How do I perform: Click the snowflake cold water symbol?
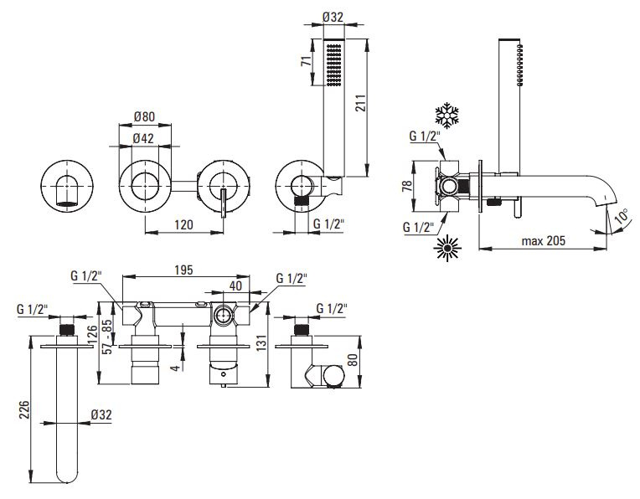pos(447,116)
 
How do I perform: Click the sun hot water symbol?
pos(447,248)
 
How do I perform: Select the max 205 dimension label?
pos(544,241)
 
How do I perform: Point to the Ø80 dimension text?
pos(144,116)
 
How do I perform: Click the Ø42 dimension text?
pos(143,138)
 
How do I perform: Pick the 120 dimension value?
pos(183,225)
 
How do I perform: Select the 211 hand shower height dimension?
pos(359,103)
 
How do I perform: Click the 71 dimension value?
pos(307,61)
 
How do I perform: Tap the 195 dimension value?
pos(183,270)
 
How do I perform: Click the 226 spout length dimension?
pos(24,409)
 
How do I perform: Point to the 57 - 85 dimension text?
pos(107,337)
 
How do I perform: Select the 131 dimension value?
pos(261,342)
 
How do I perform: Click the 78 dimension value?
pos(407,186)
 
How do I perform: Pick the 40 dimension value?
pos(235,286)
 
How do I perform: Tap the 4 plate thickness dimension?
pos(176,368)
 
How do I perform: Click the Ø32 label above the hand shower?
pos(333,17)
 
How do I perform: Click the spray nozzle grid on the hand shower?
pos(334,65)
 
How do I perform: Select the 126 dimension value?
pos(93,334)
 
